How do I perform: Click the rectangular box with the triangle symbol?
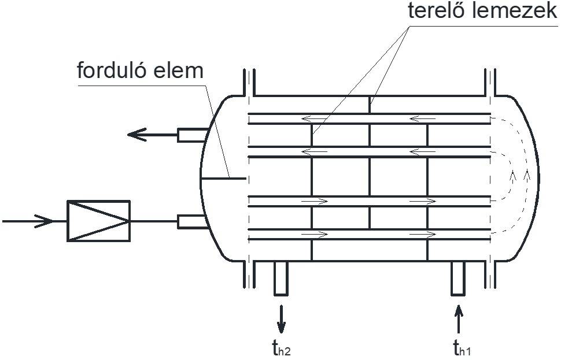(98, 221)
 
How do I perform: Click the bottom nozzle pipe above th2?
(282, 278)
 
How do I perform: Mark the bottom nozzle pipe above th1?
(459, 278)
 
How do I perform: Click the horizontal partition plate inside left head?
(223, 178)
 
